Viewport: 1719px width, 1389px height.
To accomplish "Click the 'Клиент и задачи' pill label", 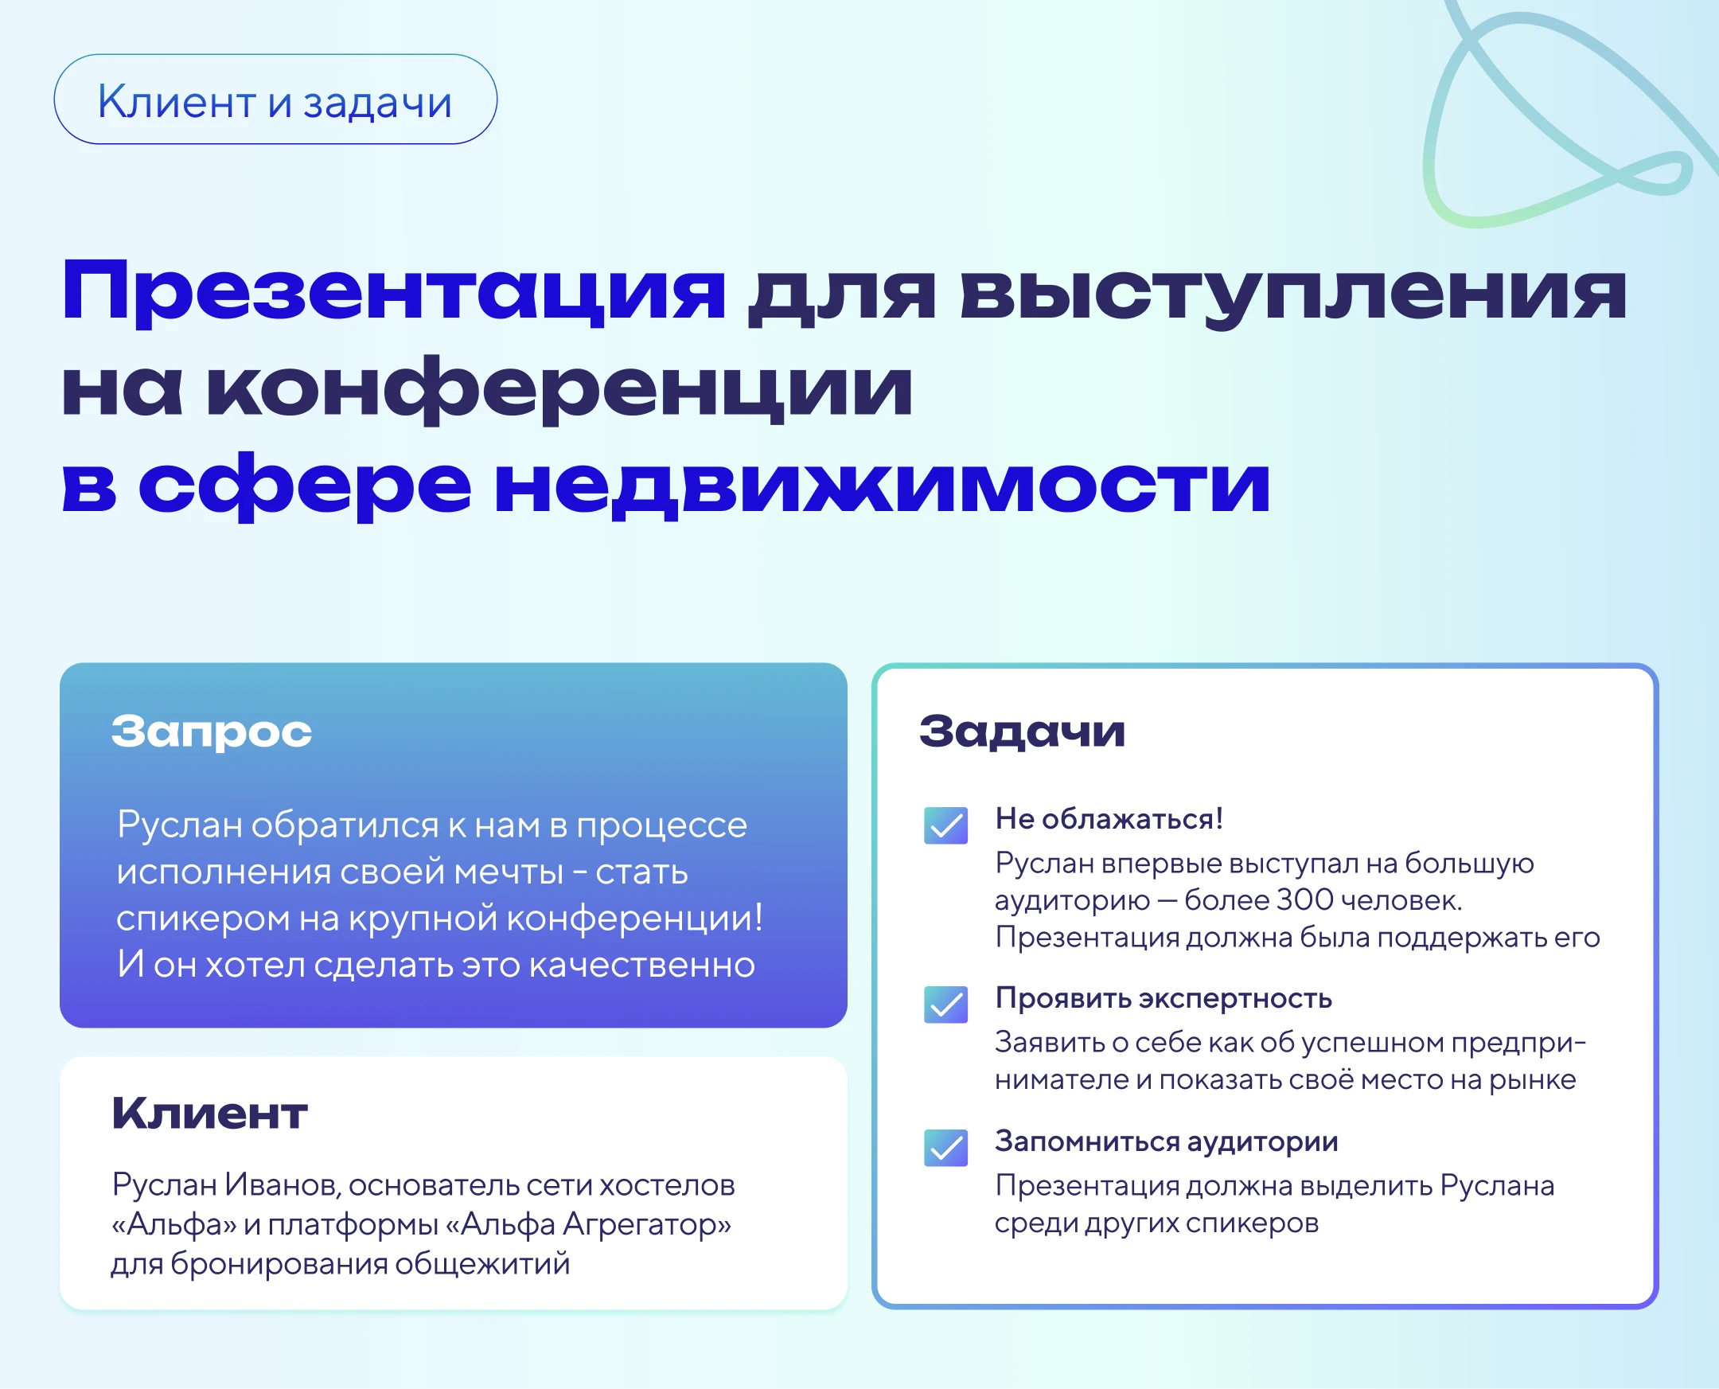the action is pos(275,99).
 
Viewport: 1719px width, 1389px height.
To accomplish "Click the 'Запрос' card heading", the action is pos(212,732).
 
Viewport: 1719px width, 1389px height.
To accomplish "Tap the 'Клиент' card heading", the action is pos(209,1113).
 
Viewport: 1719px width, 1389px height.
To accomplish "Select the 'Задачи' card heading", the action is pos(1023,732).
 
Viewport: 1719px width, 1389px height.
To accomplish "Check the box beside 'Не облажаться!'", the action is pos(945,825).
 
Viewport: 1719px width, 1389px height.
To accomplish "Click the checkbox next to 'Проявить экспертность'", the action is pos(945,1005).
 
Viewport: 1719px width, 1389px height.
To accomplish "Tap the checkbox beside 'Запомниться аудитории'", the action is pos(945,1148).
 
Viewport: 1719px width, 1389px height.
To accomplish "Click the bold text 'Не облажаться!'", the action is pos(1109,818).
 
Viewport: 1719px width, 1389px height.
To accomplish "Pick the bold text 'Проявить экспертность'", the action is pos(1164,998).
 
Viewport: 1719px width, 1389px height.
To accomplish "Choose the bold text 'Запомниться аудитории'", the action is pos(1166,1141).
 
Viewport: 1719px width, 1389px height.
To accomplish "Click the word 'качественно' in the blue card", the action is pos(641,965).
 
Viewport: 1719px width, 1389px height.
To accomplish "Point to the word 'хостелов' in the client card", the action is pos(667,1185).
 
